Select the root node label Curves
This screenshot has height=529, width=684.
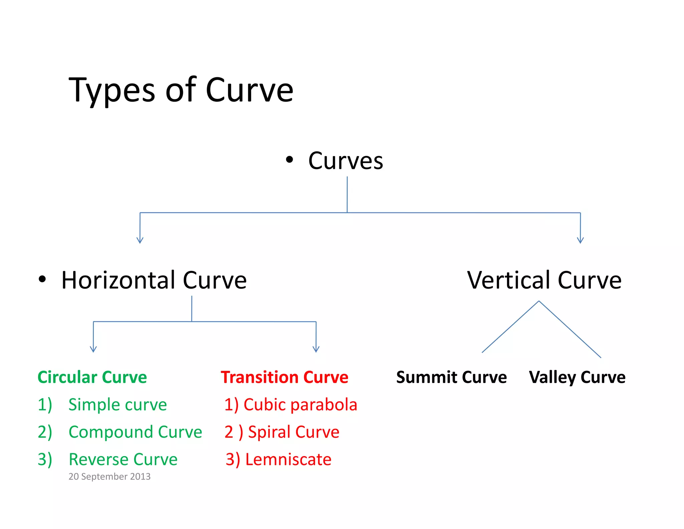tap(345, 161)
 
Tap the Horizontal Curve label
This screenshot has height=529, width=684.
tap(154, 280)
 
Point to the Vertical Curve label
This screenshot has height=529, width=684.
tap(544, 280)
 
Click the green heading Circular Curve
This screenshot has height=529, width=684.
tap(92, 377)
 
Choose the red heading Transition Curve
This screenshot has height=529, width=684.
tap(285, 377)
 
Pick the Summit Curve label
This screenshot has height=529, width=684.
tap(451, 377)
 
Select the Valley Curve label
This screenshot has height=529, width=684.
tap(577, 377)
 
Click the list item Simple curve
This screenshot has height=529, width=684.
tap(118, 405)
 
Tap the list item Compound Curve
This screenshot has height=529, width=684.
tap(135, 432)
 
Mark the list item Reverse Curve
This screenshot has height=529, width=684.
tap(123, 459)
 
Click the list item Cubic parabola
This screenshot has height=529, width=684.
tap(300, 405)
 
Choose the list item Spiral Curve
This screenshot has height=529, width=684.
tap(294, 432)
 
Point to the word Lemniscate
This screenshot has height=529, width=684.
tap(288, 459)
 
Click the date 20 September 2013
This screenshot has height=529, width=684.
tap(110, 477)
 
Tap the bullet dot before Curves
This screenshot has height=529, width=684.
tap(289, 160)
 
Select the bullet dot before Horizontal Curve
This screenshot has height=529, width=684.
tap(42, 279)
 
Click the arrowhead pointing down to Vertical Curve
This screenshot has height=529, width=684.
tap(580, 240)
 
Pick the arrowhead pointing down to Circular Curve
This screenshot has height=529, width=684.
tap(94, 349)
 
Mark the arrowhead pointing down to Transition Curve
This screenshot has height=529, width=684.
tap(316, 349)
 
